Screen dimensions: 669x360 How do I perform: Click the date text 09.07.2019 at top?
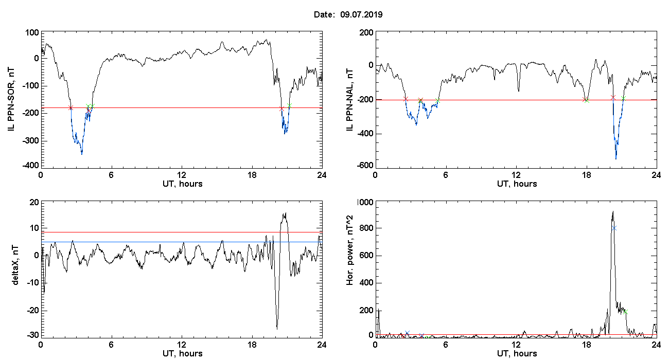(x=361, y=14)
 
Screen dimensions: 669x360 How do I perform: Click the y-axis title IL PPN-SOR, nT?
(x=11, y=100)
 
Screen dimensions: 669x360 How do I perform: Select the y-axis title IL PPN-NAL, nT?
(x=350, y=100)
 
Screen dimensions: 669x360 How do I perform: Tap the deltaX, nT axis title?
(x=15, y=265)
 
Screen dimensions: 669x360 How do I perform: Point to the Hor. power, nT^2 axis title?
(x=349, y=250)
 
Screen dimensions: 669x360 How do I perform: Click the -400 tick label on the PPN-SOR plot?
(x=30, y=165)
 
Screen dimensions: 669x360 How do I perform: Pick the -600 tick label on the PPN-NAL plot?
(x=365, y=165)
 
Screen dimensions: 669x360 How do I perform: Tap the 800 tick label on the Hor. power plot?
(x=366, y=228)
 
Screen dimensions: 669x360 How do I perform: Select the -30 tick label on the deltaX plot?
(x=33, y=335)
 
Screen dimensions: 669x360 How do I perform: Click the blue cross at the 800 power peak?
(x=614, y=228)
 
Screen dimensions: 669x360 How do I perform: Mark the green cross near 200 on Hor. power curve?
(x=626, y=312)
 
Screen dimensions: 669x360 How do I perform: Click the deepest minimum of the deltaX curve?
(x=277, y=329)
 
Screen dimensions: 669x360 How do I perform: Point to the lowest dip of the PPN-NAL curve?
(x=616, y=159)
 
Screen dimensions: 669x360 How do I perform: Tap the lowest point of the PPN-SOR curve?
(x=82, y=154)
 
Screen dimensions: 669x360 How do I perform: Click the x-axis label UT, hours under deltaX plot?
(x=183, y=354)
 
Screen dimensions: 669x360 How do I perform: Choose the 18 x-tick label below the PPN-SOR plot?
(x=252, y=175)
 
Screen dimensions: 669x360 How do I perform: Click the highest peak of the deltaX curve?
(x=286, y=213)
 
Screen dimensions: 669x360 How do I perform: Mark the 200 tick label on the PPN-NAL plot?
(x=366, y=32)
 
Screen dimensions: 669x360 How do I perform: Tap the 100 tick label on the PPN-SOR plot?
(x=32, y=32)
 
